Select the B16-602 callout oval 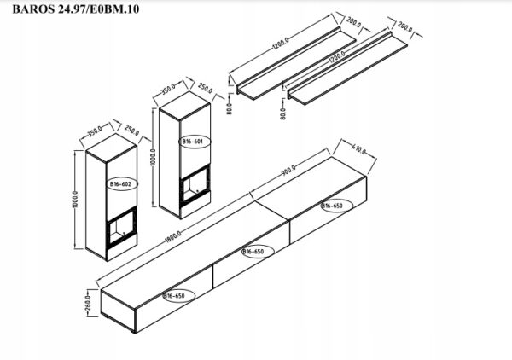(118, 183)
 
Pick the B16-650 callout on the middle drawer (253, 253)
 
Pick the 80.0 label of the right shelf (282, 110)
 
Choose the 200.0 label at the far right (405, 32)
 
